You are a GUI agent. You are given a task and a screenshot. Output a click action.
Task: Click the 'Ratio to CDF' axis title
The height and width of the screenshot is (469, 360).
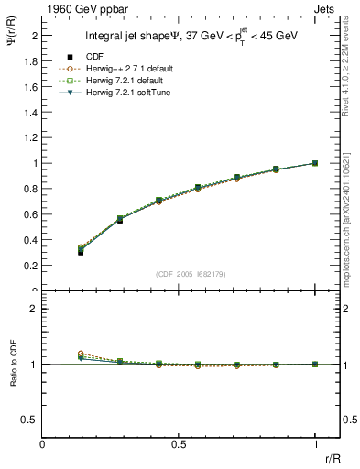point(12,378)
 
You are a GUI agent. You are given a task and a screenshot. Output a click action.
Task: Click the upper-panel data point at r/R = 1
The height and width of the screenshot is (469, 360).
point(315,163)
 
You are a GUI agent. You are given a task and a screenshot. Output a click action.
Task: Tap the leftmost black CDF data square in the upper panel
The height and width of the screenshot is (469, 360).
point(81,251)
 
